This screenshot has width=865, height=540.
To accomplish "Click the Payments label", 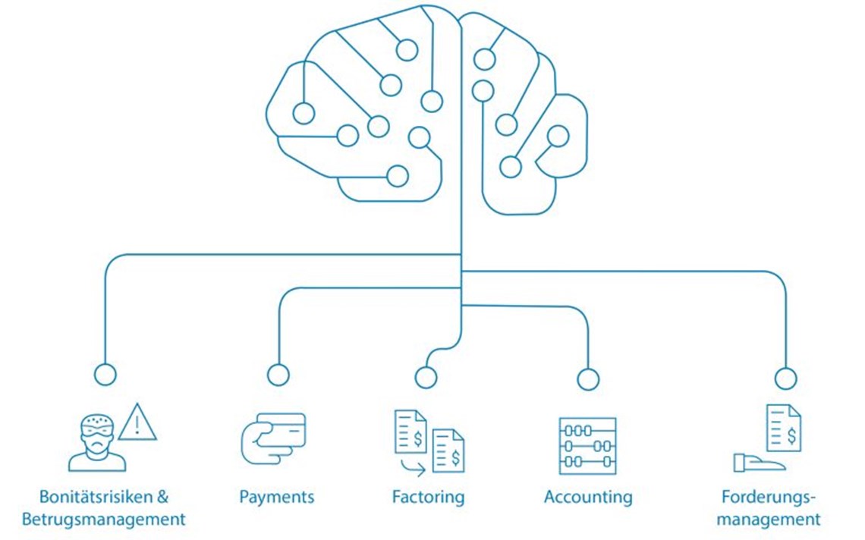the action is [276, 497].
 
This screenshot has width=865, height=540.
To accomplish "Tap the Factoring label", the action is [428, 497].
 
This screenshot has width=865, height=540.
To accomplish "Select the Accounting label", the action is [588, 497].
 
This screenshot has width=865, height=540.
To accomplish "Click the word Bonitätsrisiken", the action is [88, 497].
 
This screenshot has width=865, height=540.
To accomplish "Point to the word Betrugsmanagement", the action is [104, 519].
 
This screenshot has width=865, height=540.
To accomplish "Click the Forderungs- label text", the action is [768, 497].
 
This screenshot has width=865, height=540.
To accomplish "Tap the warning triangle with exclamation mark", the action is [137, 422].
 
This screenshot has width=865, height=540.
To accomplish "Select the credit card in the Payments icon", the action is [282, 430].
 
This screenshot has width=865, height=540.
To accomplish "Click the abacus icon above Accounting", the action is [587, 446].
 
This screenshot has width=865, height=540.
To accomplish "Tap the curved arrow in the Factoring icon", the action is [413, 468].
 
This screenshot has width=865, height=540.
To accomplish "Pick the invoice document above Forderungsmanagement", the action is [784, 428].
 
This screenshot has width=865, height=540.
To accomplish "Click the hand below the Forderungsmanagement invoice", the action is [759, 463].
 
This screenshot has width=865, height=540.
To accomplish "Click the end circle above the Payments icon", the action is [278, 375].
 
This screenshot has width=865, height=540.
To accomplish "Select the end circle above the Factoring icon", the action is [426, 377].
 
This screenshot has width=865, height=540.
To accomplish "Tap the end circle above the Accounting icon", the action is [588, 379].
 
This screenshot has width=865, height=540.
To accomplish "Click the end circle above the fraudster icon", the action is [105, 374].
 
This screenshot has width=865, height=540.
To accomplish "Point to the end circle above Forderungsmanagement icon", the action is [785, 379].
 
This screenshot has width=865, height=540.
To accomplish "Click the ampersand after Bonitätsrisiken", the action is [162, 497].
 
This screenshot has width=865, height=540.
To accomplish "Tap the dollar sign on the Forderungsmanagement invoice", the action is [791, 436].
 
